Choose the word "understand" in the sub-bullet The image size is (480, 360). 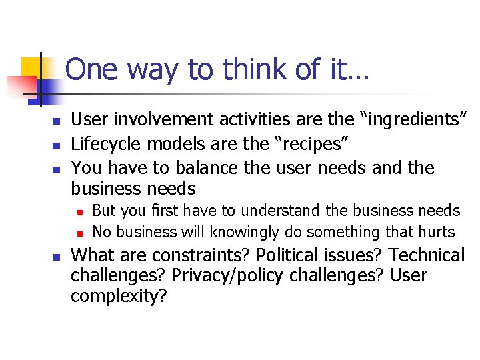[x=281, y=211]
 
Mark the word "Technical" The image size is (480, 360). [x=427, y=255]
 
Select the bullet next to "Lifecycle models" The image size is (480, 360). [x=57, y=145]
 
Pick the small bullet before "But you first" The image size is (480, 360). [x=79, y=212]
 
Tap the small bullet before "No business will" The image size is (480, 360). [x=79, y=233]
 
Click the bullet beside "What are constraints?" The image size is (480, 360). [x=57, y=257]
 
